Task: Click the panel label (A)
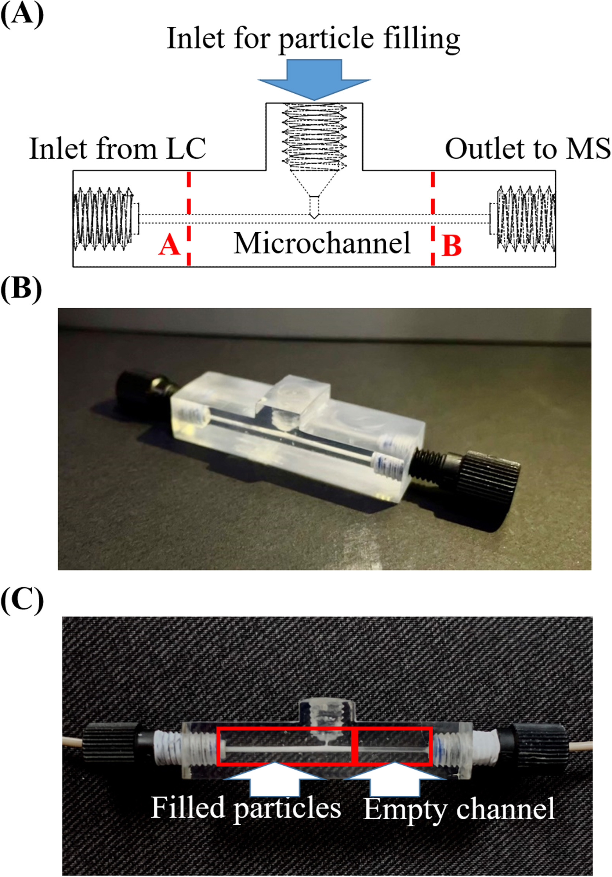(22, 15)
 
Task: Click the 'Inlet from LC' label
(117, 148)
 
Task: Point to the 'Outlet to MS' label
(528, 148)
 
